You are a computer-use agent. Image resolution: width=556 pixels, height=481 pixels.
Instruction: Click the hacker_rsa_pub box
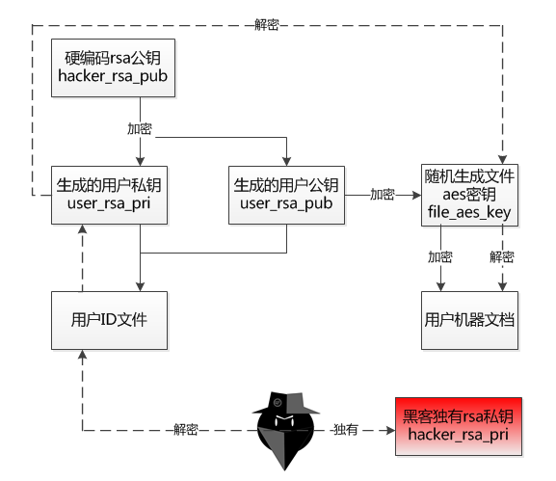tap(113, 67)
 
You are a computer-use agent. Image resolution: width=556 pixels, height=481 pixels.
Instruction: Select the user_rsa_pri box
tap(109, 195)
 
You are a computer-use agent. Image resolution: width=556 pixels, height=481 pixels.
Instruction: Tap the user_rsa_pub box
tap(286, 195)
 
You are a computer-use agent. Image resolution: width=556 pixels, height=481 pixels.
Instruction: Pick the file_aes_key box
tap(469, 195)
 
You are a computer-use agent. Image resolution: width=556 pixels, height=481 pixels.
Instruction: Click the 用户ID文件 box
tap(109, 320)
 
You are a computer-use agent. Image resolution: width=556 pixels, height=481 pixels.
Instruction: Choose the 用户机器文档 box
tap(469, 320)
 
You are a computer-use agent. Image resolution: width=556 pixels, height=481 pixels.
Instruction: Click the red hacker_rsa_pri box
tap(459, 426)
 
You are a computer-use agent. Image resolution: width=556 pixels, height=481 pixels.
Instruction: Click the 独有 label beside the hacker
tap(346, 430)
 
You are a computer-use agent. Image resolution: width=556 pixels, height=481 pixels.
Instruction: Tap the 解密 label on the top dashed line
tap(267, 24)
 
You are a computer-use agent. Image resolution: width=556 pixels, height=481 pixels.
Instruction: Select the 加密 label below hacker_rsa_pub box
tap(140, 128)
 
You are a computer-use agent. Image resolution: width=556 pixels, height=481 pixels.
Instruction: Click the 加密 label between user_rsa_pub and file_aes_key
tap(383, 195)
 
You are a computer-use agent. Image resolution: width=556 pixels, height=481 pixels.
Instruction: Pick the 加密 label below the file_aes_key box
tap(440, 256)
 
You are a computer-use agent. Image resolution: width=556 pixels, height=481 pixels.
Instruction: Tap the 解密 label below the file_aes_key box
tap(502, 256)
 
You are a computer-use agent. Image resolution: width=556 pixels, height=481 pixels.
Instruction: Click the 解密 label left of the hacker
tap(186, 430)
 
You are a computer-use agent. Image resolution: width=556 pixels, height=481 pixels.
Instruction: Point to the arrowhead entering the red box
tap(391, 431)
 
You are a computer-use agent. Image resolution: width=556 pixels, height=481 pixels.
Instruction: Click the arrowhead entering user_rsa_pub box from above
tap(286, 161)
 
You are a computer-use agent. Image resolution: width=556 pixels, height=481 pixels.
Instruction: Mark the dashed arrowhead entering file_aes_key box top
tap(502, 160)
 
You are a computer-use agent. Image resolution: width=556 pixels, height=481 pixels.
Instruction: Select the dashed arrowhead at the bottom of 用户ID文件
tap(82, 355)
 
